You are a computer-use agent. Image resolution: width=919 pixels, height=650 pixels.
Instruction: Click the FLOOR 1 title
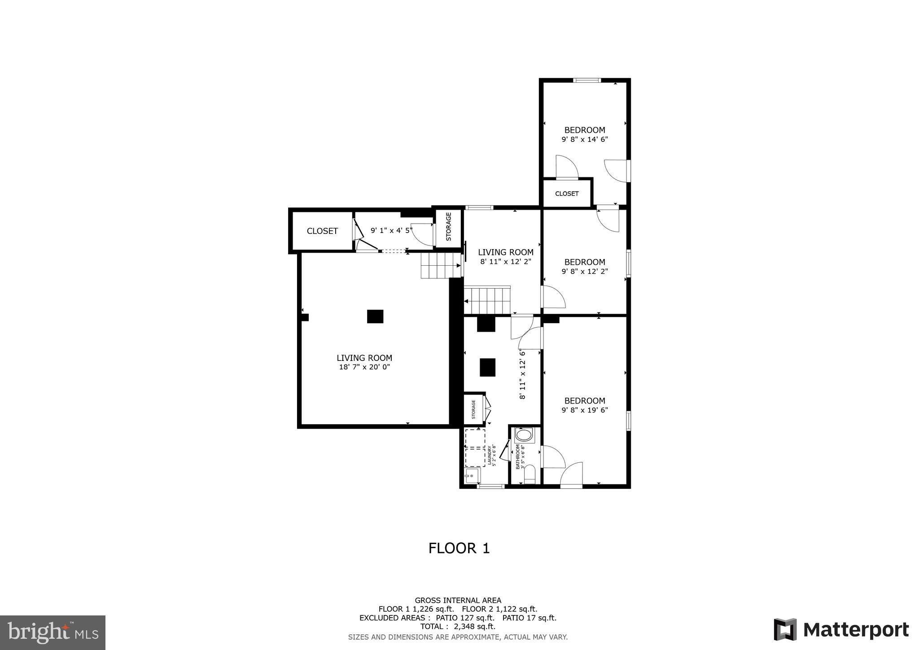[x=459, y=548]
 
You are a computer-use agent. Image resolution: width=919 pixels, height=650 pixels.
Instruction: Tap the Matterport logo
[x=841, y=630]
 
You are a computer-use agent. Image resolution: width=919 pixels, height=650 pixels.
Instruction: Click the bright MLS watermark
[x=53, y=632]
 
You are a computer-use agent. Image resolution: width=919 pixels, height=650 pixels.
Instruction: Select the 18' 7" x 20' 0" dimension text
[x=364, y=367]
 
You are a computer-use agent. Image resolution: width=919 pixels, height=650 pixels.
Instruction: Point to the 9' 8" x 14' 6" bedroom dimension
[x=584, y=140]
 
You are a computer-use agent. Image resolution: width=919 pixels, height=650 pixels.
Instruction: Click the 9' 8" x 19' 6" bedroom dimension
[x=584, y=410]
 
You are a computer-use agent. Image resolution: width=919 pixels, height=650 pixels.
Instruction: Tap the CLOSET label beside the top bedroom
[x=567, y=194]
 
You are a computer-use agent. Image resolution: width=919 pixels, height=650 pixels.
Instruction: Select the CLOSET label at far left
[x=322, y=231]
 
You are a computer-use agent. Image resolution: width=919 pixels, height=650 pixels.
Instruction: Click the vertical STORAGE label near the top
[x=448, y=227]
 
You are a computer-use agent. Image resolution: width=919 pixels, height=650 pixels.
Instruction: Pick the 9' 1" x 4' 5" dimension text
[x=391, y=230]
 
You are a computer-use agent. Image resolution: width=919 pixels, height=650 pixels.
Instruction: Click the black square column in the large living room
[x=375, y=316]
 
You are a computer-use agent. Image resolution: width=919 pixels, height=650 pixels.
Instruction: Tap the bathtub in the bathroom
[x=524, y=435]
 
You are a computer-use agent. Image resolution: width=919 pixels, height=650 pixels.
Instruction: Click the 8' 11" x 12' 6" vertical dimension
[x=522, y=374]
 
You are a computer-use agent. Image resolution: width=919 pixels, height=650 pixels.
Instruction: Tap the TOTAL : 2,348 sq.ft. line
[x=458, y=627]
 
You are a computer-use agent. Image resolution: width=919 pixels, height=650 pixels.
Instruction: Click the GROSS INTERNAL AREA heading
[x=458, y=601]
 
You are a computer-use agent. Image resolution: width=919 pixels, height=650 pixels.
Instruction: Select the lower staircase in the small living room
[x=487, y=301]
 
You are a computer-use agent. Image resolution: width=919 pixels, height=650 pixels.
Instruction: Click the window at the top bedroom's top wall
[x=586, y=81]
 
